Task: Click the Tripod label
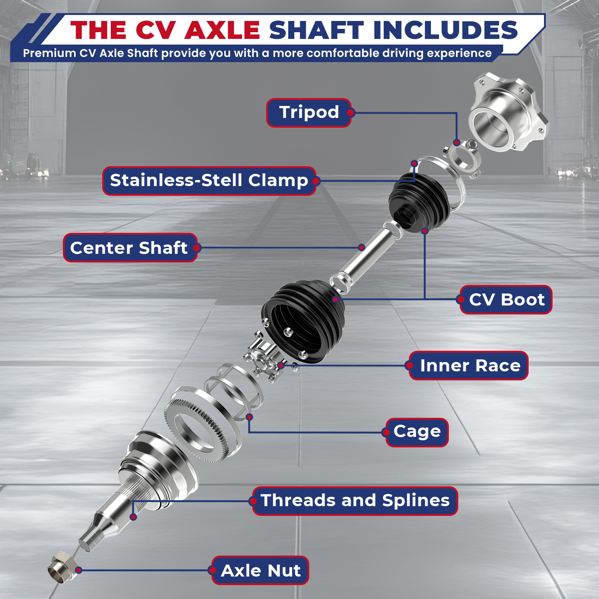tap(309, 113)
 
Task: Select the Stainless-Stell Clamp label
tap(209, 181)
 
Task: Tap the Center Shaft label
tap(130, 247)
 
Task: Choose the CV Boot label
tap(506, 299)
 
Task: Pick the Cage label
tap(417, 432)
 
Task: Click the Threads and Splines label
tap(355, 501)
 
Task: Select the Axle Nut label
tap(260, 570)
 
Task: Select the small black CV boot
tap(418, 202)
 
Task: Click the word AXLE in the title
tap(222, 30)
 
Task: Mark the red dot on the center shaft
tap(361, 247)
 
